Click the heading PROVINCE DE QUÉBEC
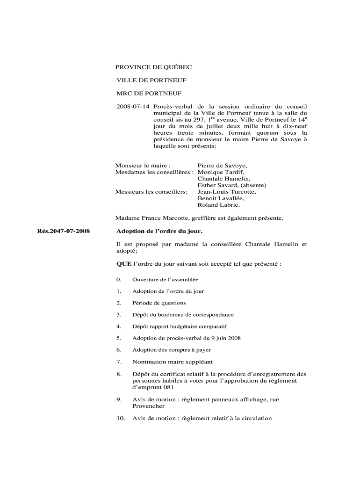coord(154,67)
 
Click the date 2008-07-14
coord(133,107)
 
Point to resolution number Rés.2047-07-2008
coord(64,231)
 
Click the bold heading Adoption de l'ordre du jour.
coord(159,231)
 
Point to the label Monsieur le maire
coord(143,166)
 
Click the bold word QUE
coord(124,264)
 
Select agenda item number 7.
coord(119,362)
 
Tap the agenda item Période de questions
coord(159,303)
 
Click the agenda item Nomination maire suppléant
coord(172,362)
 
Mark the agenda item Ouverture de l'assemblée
coord(165,280)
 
